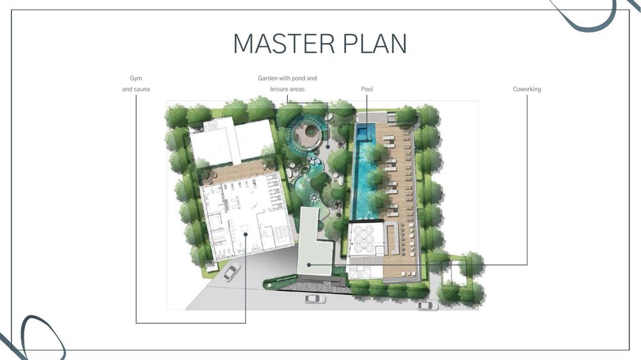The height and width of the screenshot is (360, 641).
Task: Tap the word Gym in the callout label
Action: pos(136,78)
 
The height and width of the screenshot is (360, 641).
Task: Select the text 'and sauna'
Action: pos(136,89)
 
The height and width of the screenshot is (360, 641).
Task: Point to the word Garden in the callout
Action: pos(267,78)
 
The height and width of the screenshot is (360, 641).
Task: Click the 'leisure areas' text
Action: pos(287,89)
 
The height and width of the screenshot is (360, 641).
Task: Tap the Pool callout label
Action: pos(367,89)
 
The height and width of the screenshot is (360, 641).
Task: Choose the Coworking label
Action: pos(527,89)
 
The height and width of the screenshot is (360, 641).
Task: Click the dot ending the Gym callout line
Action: pos(246,234)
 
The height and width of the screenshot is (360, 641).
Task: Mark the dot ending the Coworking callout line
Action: pos(309,265)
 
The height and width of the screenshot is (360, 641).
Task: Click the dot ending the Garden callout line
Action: pos(328,146)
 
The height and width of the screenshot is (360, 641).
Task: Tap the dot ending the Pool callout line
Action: pos(367,140)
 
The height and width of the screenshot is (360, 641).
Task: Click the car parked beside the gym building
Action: pos(231,272)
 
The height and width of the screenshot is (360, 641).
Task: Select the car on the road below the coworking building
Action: pos(314,299)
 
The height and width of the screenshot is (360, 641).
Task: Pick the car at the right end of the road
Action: pos(427,306)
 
